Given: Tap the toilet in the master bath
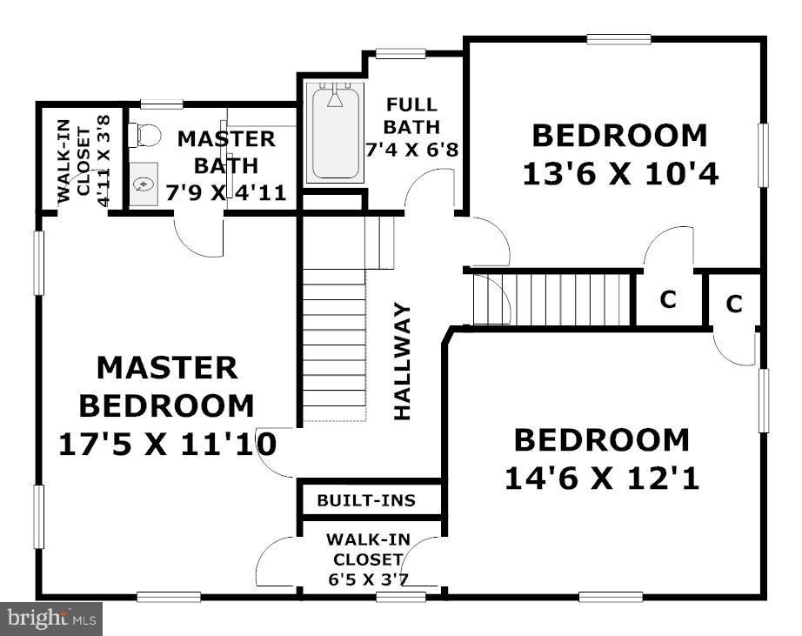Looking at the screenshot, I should click(145, 135).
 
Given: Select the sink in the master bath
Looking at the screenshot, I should click(144, 184).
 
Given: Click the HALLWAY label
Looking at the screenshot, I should click(402, 361).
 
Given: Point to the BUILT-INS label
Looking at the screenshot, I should click(365, 501).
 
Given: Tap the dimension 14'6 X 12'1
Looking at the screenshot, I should click(602, 479).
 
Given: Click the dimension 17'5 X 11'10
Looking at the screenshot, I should click(167, 445).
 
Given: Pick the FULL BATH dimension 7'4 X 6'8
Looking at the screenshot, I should click(412, 148).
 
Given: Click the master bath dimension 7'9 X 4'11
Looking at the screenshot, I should click(226, 191).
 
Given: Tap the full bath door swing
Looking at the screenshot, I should click(431, 187).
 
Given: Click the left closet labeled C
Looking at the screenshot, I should click(667, 299).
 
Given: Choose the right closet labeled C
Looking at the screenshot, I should click(734, 304).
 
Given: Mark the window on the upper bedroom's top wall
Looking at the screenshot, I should click(618, 38).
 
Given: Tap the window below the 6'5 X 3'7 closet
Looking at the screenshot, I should click(400, 597).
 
